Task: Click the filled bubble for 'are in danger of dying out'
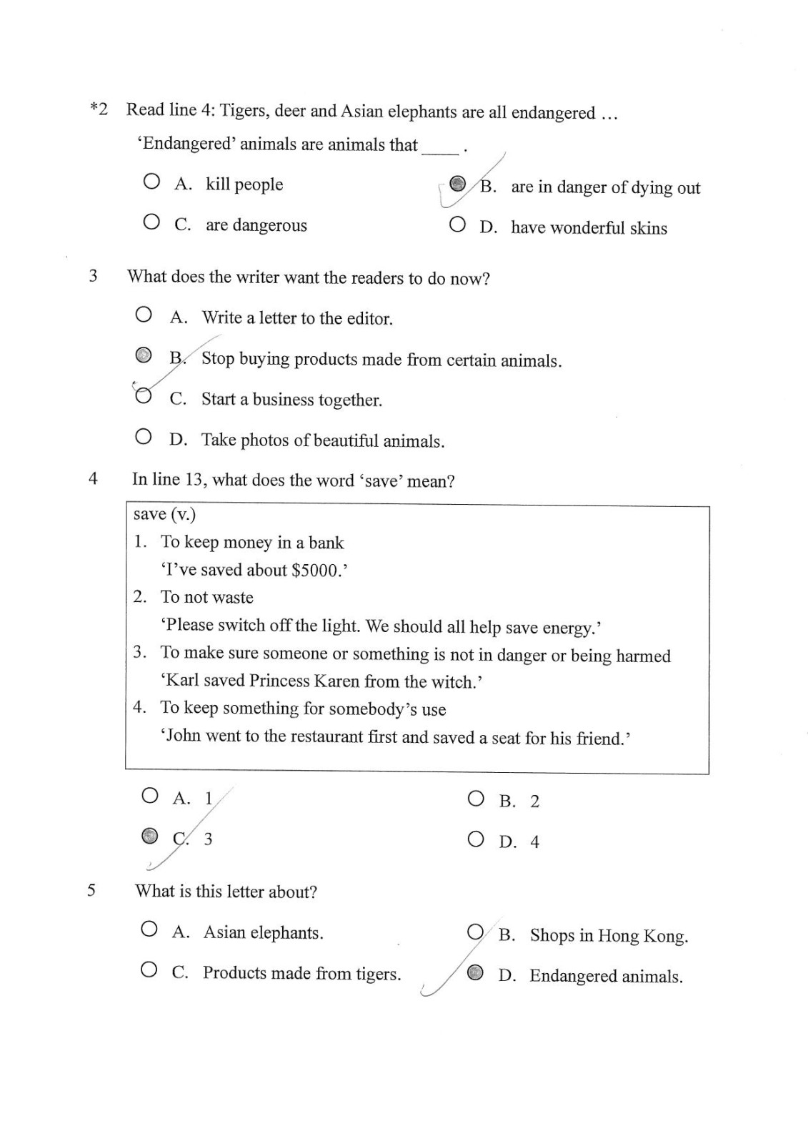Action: tap(458, 184)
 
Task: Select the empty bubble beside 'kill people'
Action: tap(151, 182)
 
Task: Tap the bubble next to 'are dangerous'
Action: tap(151, 222)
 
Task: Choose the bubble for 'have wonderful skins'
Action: tap(457, 225)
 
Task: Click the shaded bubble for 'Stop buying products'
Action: tap(144, 355)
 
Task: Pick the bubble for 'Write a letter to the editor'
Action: tap(144, 314)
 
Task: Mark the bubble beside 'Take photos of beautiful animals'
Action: tap(144, 436)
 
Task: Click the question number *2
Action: tap(99, 109)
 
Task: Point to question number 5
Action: tap(91, 890)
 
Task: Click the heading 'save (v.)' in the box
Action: tap(164, 515)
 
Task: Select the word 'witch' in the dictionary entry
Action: tap(455, 681)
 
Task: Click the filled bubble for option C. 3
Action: tap(149, 836)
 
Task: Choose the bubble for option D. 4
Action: tap(476, 839)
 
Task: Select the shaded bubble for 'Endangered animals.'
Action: tap(475, 972)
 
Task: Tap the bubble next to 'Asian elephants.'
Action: tap(149, 929)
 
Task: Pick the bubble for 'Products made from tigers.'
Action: tap(149, 970)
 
